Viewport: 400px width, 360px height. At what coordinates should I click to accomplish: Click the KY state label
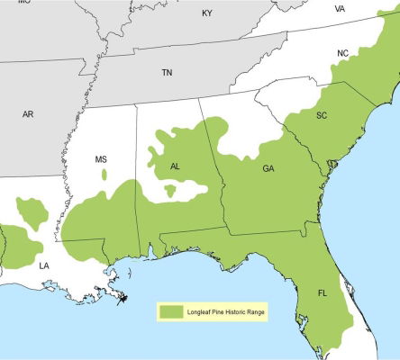[207, 13]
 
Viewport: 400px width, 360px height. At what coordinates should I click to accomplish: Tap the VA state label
[340, 9]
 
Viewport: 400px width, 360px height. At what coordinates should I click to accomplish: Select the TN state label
[167, 72]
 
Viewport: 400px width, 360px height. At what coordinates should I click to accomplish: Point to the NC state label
[342, 54]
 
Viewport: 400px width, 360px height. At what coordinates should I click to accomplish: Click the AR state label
[28, 114]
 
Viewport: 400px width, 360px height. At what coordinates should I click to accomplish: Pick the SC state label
[322, 115]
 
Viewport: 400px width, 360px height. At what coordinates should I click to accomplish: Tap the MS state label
[101, 159]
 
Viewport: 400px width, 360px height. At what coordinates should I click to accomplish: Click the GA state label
[268, 169]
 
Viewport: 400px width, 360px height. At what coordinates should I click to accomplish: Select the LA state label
[43, 265]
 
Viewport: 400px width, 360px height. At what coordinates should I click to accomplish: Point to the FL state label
[322, 293]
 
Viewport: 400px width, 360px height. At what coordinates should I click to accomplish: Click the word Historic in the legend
[243, 310]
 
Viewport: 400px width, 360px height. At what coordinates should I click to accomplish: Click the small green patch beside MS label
[104, 173]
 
